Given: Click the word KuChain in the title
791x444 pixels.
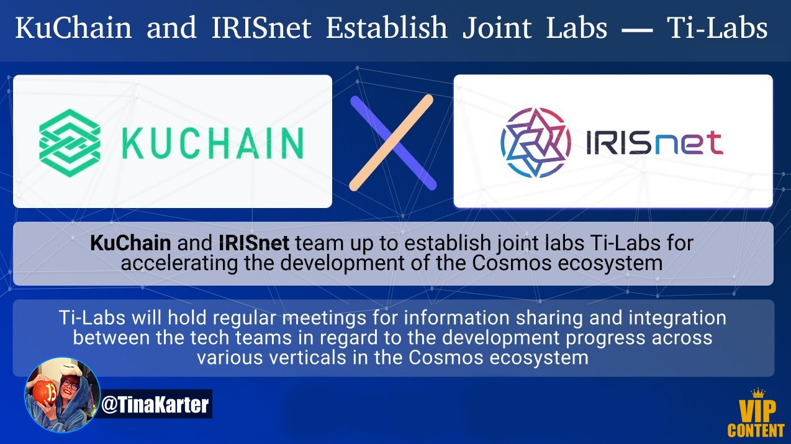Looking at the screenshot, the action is point(73,27).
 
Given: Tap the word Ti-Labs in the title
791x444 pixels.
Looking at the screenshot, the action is point(717,27).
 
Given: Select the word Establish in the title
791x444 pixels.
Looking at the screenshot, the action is point(387,27).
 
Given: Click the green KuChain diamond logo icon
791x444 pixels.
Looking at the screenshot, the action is point(70,143).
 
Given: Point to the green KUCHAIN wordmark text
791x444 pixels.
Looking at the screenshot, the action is point(212,143).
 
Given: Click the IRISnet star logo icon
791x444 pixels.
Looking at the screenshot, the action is point(536,142).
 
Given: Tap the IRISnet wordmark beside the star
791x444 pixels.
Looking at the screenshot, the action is point(655,143).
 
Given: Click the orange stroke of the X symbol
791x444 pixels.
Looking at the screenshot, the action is point(391,143).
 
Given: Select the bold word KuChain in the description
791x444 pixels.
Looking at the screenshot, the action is point(130,243).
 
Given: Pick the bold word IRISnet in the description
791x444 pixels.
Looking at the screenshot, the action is point(254,243).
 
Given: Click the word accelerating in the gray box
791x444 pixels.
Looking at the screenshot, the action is point(179,263).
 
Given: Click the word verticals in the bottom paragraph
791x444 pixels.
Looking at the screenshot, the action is point(307,358).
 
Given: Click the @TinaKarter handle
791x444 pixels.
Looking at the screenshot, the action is point(155,405).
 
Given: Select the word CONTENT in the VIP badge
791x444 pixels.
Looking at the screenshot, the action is point(756,430).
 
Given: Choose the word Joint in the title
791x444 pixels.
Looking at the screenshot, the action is point(497,27).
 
